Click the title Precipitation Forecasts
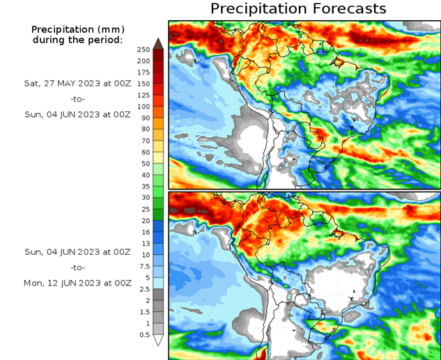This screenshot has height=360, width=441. (x=297, y=8)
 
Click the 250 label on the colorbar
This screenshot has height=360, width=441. (x=144, y=49)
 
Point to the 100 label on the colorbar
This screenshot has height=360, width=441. (x=144, y=106)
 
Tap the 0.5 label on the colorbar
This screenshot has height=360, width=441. (x=144, y=335)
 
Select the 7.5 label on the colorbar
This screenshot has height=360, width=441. (x=144, y=266)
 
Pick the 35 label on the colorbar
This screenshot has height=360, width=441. (x=144, y=187)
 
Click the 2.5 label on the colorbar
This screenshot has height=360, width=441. (x=144, y=289)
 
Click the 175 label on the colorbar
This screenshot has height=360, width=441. (x=144, y=72)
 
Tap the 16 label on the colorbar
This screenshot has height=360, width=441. (x=144, y=232)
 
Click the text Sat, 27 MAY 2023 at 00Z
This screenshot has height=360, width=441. (x=77, y=83)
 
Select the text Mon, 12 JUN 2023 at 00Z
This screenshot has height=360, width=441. (x=77, y=283)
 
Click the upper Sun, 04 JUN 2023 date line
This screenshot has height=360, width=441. (x=77, y=114)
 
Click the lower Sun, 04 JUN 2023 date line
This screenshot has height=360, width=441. (x=77, y=251)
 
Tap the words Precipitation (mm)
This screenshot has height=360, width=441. (x=77, y=29)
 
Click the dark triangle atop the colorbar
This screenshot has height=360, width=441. (x=159, y=43)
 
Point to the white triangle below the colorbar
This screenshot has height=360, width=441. (x=159, y=341)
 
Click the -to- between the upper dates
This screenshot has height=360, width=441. (x=77, y=99)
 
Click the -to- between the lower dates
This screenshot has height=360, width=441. (x=77, y=267)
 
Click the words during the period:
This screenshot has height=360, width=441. (x=77, y=40)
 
